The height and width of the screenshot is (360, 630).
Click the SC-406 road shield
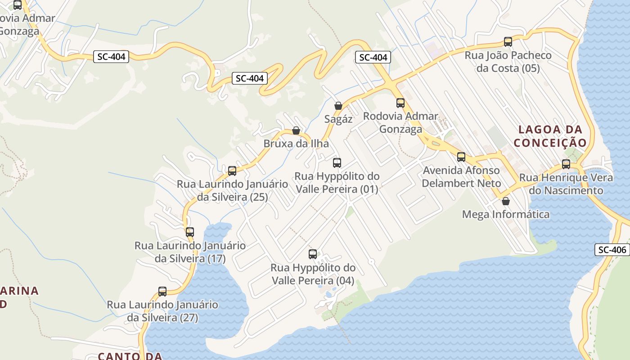(x=612, y=250)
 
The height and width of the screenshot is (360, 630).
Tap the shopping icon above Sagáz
(x=338, y=106)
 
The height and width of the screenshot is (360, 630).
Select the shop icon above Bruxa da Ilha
(x=296, y=130)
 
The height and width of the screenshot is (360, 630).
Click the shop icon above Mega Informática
(x=506, y=201)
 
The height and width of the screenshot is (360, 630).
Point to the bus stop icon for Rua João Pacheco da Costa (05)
(x=508, y=42)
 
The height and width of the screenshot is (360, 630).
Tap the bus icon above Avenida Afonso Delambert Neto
(x=461, y=157)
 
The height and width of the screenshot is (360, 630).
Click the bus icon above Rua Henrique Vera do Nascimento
(x=566, y=164)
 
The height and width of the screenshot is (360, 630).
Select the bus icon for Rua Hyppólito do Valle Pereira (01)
(x=337, y=163)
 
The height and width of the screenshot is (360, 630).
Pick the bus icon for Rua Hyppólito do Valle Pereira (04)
(x=313, y=254)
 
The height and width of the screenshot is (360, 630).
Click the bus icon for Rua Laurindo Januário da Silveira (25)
(x=232, y=171)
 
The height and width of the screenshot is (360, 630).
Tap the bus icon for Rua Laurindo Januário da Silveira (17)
(x=190, y=232)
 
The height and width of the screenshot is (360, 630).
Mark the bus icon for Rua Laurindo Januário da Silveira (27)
(x=162, y=292)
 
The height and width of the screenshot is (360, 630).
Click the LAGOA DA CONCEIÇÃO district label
(x=550, y=136)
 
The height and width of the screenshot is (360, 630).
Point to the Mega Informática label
(x=506, y=214)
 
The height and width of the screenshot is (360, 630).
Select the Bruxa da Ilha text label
(x=296, y=144)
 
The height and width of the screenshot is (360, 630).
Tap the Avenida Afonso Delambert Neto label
(x=461, y=177)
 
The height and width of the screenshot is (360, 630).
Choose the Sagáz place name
(x=338, y=119)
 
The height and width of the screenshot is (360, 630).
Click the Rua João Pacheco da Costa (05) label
(x=508, y=62)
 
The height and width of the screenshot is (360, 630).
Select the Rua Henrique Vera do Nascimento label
(x=566, y=184)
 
